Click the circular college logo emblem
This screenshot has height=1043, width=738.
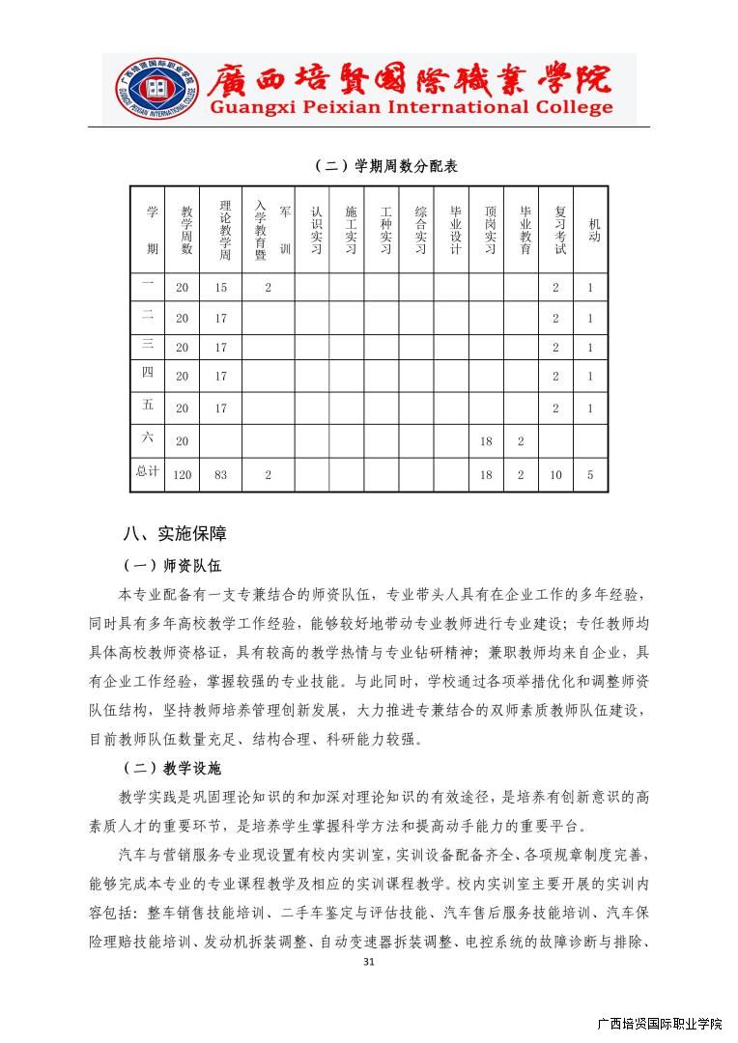coord(155,90)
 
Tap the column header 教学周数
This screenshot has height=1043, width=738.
coord(185,230)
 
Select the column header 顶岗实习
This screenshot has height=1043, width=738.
coord(489,230)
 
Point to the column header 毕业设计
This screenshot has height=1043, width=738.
coord(454,230)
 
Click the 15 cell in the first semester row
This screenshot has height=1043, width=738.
coord(221,287)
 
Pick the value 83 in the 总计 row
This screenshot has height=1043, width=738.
coord(221,474)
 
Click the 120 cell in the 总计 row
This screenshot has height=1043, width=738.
coord(183,474)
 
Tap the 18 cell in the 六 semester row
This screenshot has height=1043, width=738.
coord(487,440)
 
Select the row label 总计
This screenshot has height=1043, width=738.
coord(147,471)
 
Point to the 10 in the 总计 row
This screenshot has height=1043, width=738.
coord(555,474)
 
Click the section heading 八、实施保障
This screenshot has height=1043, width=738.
coord(175,533)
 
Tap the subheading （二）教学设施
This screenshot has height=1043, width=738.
coord(171,768)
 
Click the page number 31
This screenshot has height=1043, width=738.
coord(368,962)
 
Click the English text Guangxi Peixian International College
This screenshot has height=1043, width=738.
coord(412,107)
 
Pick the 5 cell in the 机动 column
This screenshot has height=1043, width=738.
coord(590,474)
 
